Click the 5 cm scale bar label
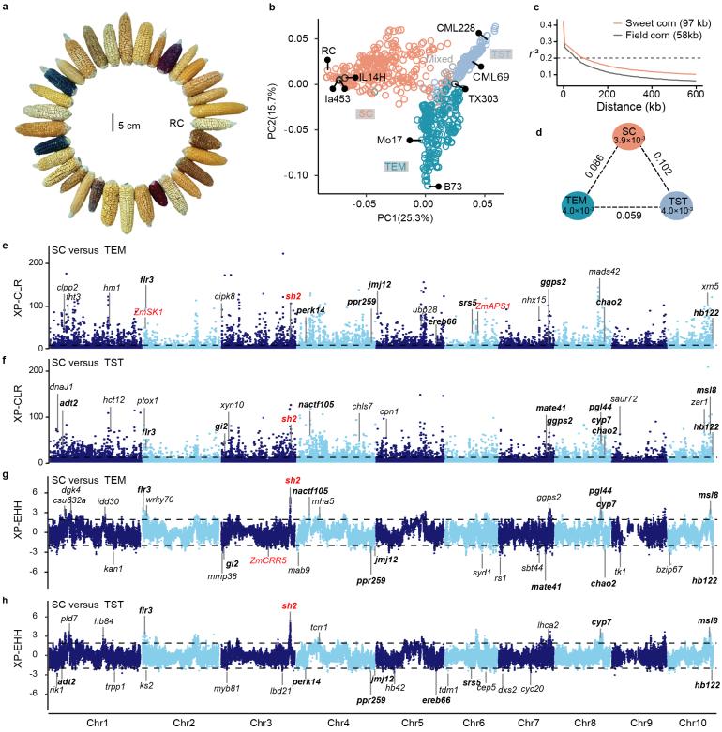point(136,120)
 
